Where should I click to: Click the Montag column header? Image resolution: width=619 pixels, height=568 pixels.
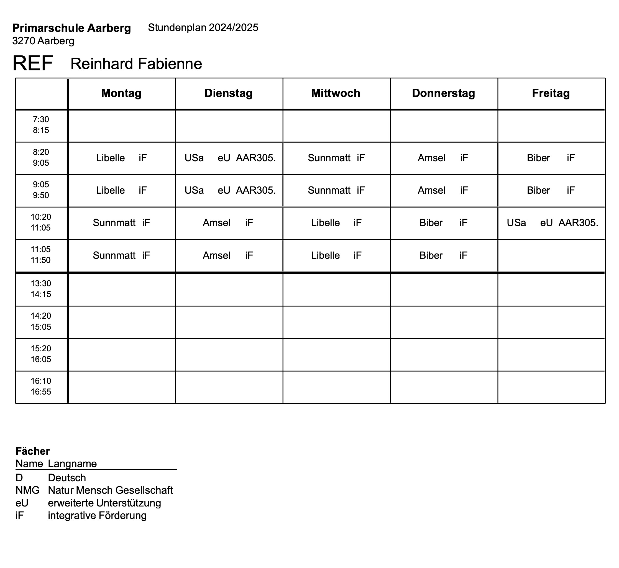point(121,93)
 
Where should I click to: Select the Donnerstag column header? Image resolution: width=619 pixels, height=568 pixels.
point(443,93)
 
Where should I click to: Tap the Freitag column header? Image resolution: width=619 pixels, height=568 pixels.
point(551,93)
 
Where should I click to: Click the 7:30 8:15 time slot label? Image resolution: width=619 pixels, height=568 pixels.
point(41,125)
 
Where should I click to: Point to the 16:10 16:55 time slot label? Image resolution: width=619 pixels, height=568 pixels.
point(41,386)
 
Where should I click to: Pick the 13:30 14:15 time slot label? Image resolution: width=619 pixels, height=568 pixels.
point(41,289)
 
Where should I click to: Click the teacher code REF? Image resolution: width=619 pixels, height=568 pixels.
point(33,63)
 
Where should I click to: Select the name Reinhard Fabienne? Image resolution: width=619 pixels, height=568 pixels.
point(136,64)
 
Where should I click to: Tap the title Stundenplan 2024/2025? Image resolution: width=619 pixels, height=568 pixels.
point(203,28)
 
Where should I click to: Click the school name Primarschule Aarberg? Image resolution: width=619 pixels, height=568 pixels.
point(71,28)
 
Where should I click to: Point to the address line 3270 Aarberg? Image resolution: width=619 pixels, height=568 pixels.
point(43,41)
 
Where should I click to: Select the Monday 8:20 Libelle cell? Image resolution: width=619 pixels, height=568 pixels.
point(121,158)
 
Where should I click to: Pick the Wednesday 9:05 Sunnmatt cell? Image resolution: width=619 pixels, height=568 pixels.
point(336,190)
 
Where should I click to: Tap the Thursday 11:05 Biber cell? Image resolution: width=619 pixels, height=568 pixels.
point(443,255)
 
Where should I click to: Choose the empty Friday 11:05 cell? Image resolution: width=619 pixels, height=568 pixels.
point(551,255)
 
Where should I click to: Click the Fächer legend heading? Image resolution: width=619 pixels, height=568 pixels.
point(33,451)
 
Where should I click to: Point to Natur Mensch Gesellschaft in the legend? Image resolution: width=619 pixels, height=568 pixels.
point(110,490)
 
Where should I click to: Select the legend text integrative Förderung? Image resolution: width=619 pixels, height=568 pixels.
point(97,515)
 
